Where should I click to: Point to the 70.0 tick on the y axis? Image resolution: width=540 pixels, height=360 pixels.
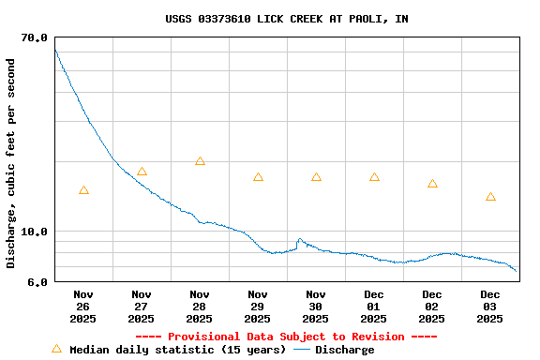click(x=35, y=37)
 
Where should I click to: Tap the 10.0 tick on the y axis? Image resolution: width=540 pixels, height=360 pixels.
click(x=35, y=232)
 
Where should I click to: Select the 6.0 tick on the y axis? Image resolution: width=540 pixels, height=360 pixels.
click(x=35, y=282)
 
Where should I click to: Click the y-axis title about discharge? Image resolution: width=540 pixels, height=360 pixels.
click(x=11, y=163)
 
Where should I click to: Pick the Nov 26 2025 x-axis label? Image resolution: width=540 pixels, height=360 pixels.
click(x=83, y=306)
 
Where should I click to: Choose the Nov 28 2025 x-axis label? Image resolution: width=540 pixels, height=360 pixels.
click(x=200, y=306)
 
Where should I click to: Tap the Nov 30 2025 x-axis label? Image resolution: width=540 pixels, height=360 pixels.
click(x=316, y=306)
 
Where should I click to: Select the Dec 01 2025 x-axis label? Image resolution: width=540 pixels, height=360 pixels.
click(x=374, y=306)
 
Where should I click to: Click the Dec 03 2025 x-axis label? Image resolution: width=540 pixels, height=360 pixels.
click(x=490, y=306)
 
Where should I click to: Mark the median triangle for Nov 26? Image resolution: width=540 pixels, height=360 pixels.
click(x=83, y=190)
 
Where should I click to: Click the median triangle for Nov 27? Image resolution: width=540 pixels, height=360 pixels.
click(x=142, y=172)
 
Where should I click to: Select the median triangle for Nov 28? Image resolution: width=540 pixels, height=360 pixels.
click(x=200, y=161)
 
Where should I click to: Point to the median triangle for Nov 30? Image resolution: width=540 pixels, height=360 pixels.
click(x=316, y=177)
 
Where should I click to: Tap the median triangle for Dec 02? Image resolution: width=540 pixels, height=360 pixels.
click(x=432, y=184)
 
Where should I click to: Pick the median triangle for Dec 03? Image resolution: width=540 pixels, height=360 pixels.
click(x=490, y=197)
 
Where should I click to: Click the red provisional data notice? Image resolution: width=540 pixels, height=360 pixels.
click(x=286, y=337)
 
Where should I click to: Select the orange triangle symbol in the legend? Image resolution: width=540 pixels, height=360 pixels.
click(x=56, y=349)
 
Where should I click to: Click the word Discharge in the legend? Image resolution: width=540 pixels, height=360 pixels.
click(x=344, y=350)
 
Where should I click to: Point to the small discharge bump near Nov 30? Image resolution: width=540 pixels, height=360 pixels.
click(x=300, y=240)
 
